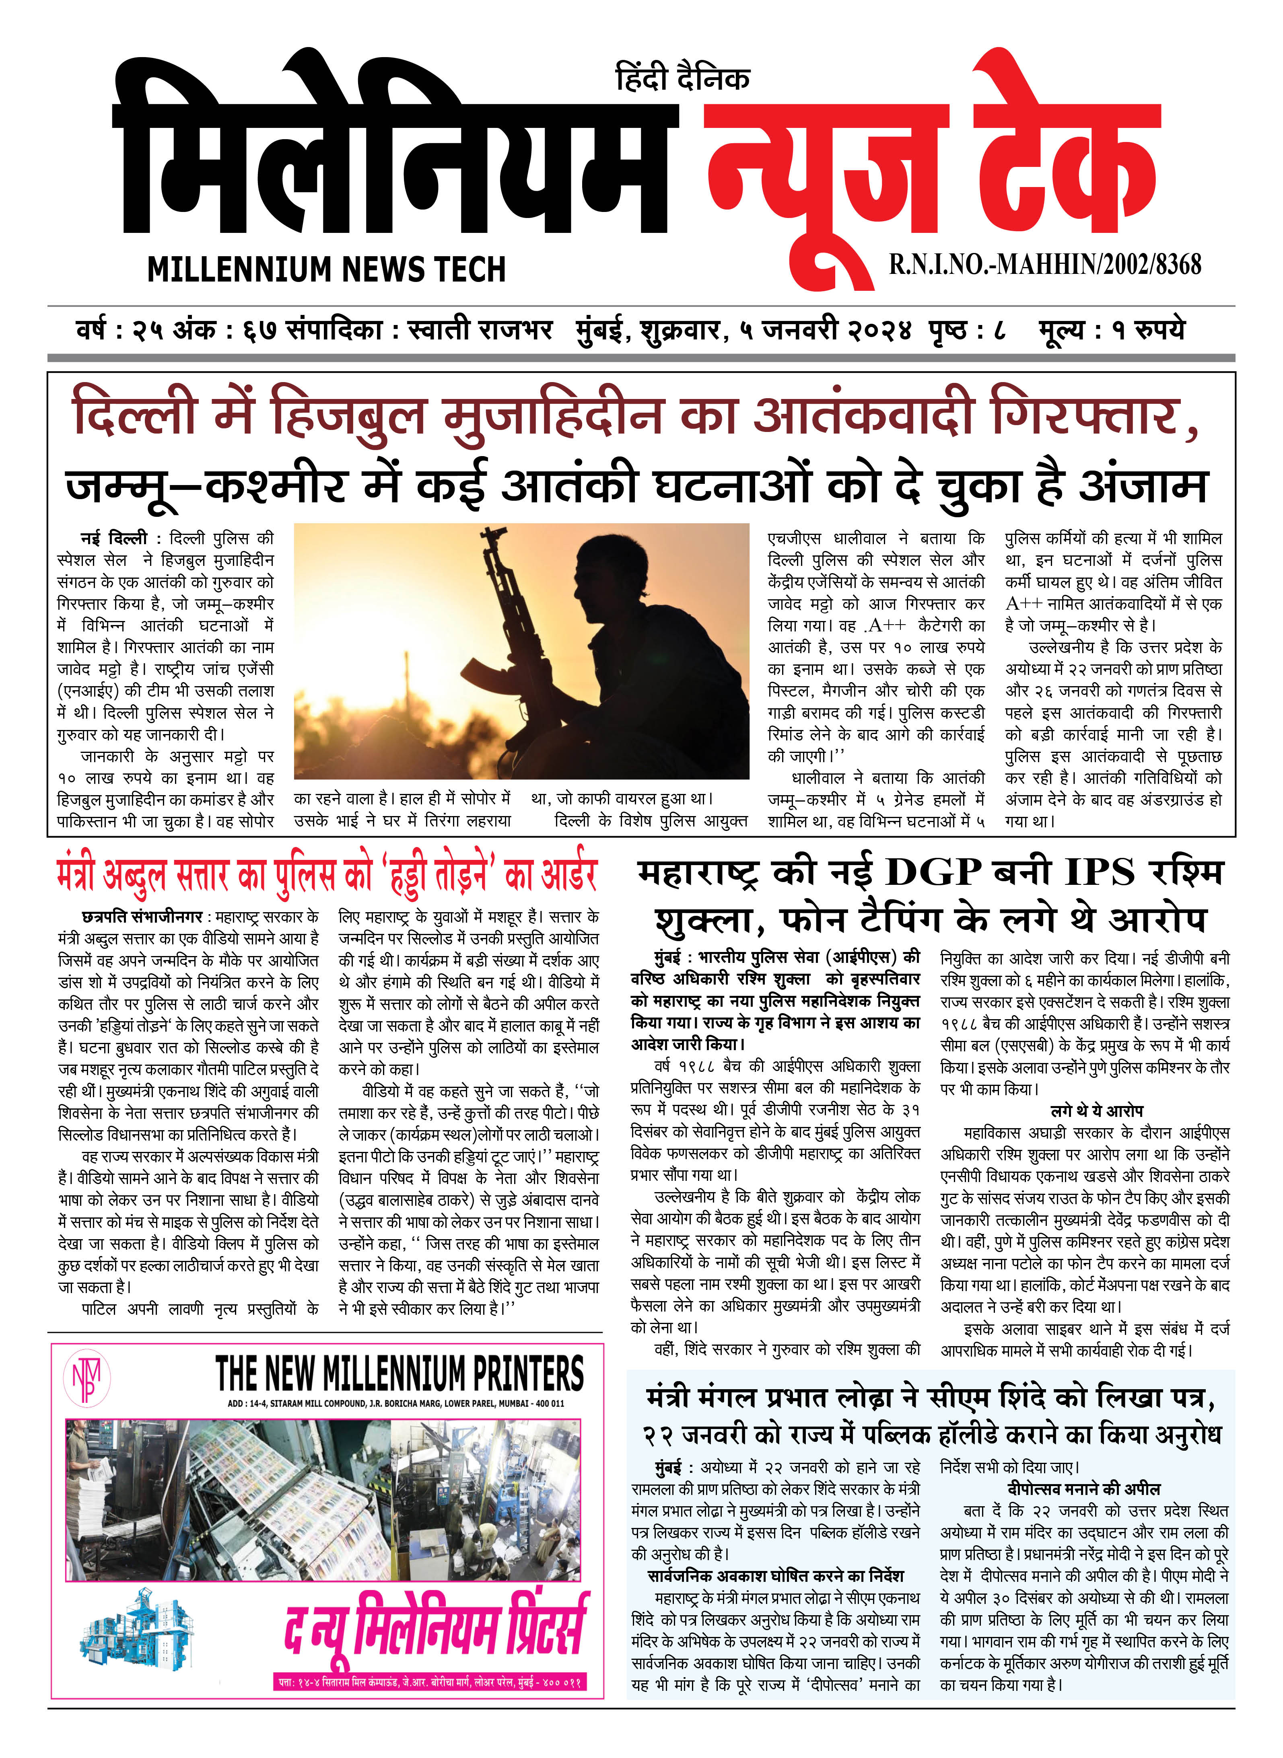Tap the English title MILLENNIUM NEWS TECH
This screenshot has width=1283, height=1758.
coord(326,269)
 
